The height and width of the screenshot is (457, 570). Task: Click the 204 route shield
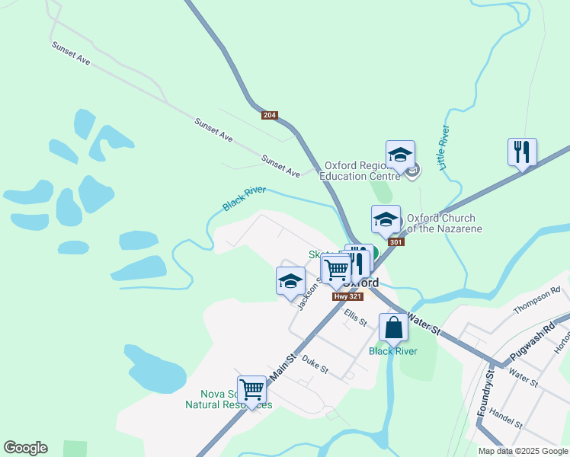pyautogui.click(x=269, y=115)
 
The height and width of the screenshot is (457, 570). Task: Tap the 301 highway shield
pyautogui.click(x=395, y=242)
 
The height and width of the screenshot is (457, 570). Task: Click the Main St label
pyautogui.click(x=282, y=366)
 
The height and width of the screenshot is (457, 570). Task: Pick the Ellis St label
pyautogui.click(x=355, y=317)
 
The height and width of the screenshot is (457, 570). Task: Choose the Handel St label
pyautogui.click(x=506, y=418)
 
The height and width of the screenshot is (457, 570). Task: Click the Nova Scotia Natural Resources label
pyautogui.click(x=228, y=399)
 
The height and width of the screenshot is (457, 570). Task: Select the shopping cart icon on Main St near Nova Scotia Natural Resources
pyautogui.click(x=251, y=389)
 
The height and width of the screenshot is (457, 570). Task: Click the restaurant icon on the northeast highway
pyautogui.click(x=522, y=152)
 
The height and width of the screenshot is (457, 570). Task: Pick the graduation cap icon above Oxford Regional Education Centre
pyautogui.click(x=400, y=155)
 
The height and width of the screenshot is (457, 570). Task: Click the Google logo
pyautogui.click(x=25, y=448)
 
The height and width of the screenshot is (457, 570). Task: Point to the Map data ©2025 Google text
pyautogui.click(x=522, y=451)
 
